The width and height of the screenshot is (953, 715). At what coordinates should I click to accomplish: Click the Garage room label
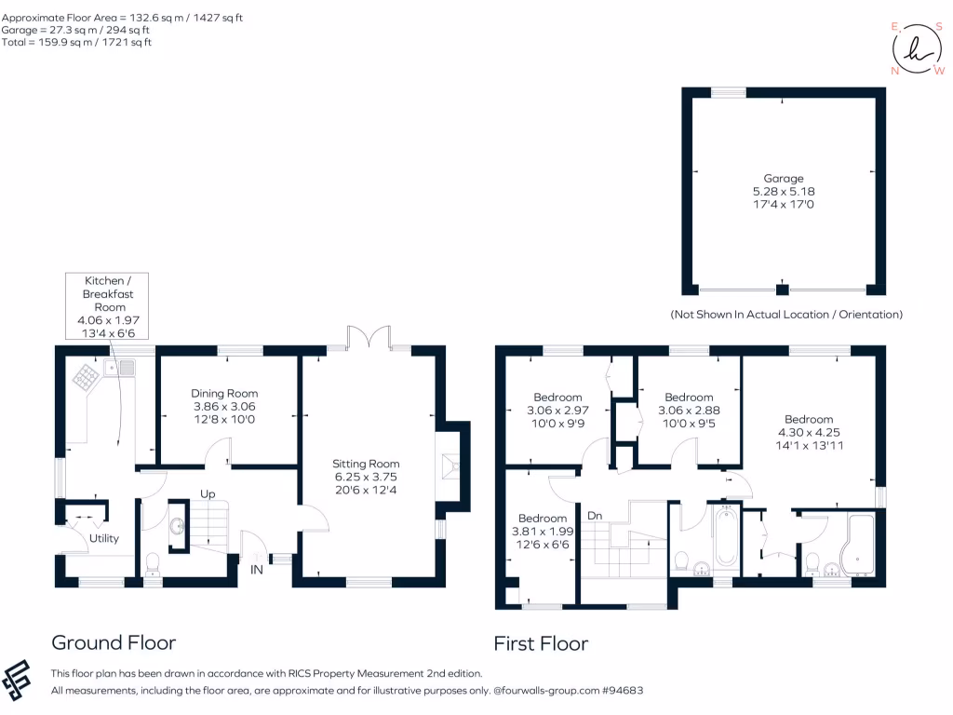(784, 178)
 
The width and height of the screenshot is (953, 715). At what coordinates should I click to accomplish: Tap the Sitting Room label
(366, 463)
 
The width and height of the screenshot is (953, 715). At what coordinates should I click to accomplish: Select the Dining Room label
(224, 393)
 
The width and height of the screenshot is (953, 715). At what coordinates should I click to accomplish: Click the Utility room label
(104, 538)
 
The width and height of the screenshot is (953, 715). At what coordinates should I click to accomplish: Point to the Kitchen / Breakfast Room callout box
(105, 306)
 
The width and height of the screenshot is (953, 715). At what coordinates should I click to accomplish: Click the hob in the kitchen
(87, 375)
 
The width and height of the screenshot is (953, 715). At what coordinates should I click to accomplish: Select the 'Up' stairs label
(209, 493)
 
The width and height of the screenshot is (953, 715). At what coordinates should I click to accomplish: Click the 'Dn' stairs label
(594, 513)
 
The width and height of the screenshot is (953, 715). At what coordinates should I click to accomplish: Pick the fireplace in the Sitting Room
(449, 465)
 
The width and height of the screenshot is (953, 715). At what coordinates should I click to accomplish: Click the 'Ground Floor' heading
(113, 642)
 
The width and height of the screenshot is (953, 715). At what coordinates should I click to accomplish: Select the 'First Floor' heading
(541, 643)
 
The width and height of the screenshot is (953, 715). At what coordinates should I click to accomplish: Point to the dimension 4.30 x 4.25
(808, 432)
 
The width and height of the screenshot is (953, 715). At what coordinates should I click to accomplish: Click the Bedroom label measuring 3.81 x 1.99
(543, 519)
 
